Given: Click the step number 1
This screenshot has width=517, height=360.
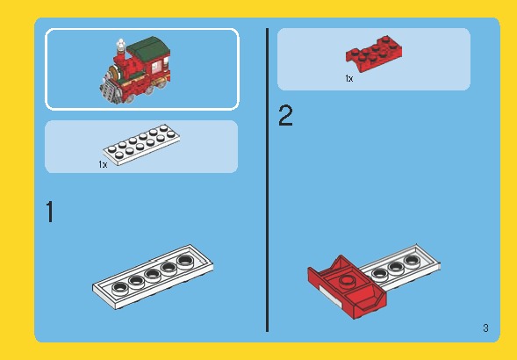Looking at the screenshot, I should pos(50,212).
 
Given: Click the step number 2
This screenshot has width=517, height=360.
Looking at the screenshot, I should pos(285,116).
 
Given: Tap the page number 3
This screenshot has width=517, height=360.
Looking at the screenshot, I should pos(485,329).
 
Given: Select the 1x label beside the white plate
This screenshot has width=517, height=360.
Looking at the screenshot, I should pos(103,163).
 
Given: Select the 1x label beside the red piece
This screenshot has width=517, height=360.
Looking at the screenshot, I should pos(348,78).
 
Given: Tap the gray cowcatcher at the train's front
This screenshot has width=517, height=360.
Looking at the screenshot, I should pos(107,90).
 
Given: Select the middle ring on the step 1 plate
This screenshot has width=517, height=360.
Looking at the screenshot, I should pos(152,272).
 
